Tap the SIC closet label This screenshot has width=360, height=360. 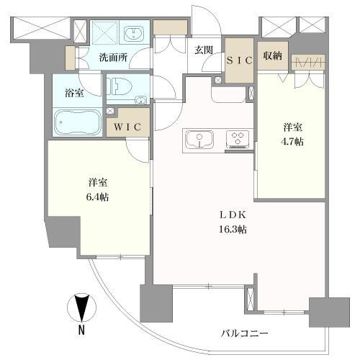tap(240, 61)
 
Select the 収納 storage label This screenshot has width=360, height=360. tap(272, 56)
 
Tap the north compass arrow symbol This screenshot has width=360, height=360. tap(83, 308)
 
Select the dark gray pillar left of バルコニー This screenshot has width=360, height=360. tap(157, 302)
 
